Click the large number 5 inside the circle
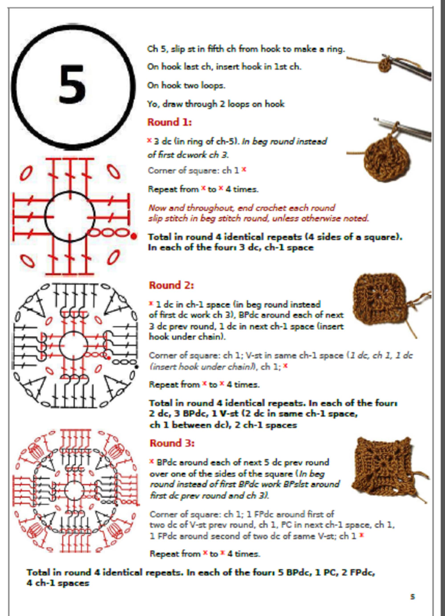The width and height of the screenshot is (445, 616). [72, 85]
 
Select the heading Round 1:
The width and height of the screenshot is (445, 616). [169, 122]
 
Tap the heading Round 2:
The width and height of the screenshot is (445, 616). [171, 285]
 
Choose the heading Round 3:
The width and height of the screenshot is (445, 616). [172, 443]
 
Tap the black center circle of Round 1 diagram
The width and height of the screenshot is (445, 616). [70, 216]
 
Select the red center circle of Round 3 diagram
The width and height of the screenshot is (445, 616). [75, 491]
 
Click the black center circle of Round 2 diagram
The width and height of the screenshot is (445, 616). [73, 346]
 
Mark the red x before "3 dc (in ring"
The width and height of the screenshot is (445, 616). [149, 140]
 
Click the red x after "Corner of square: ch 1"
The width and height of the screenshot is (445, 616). [244, 169]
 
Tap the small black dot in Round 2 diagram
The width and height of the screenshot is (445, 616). [136, 367]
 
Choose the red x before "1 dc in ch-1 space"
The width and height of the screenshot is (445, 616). [151, 303]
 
